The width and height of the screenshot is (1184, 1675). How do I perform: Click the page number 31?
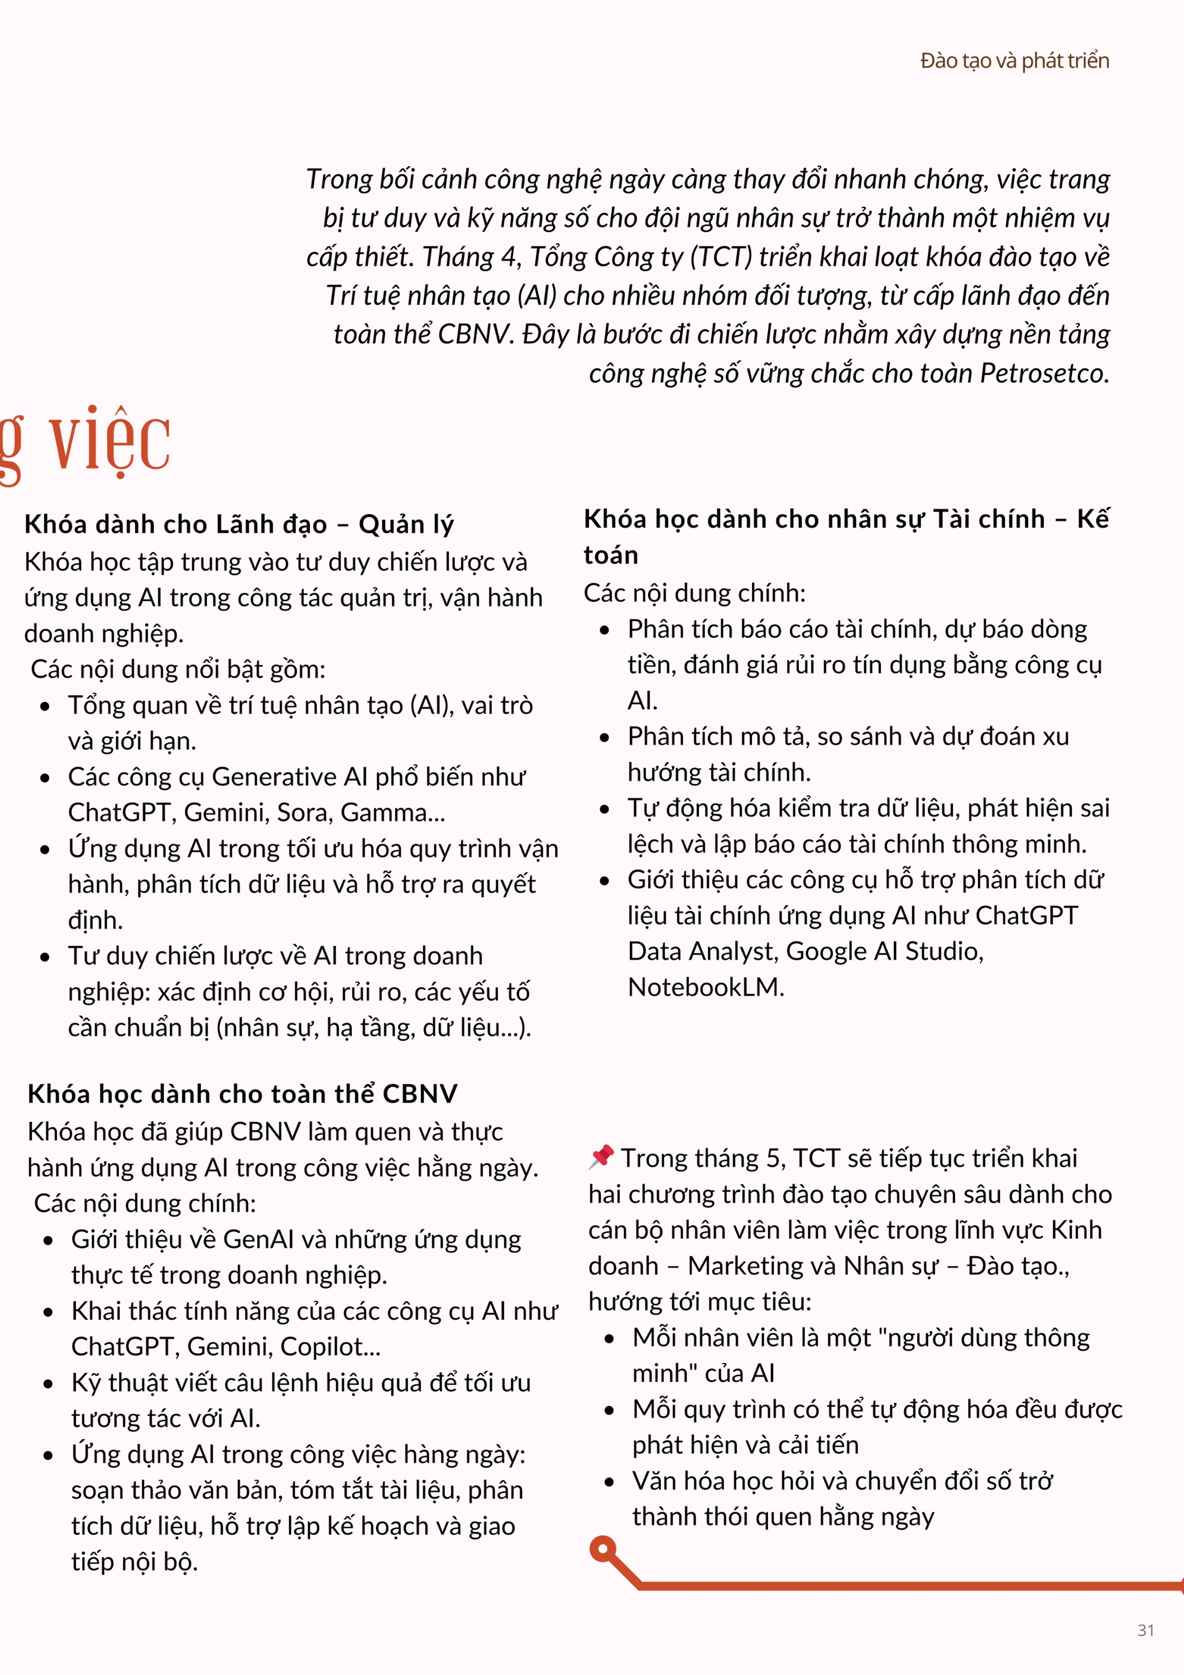(1145, 1630)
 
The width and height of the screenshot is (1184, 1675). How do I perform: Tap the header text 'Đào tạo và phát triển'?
(1014, 60)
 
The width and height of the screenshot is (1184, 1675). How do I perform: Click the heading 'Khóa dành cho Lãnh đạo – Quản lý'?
(238, 524)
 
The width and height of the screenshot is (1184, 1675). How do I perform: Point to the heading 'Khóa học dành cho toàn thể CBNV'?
(242, 1094)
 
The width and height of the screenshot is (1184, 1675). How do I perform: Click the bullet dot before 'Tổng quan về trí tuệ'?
(45, 706)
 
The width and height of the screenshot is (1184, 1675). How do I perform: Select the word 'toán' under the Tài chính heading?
(611, 555)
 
